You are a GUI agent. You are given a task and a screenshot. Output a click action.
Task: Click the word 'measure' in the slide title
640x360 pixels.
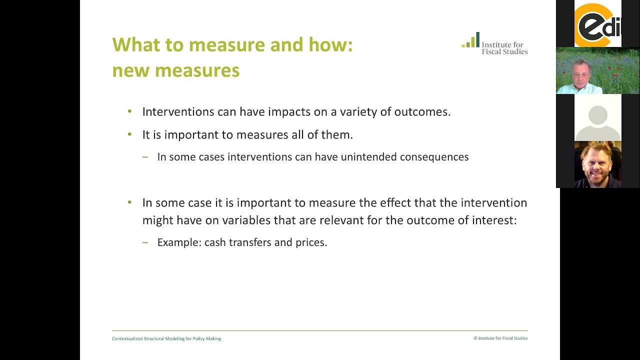coord(227,45)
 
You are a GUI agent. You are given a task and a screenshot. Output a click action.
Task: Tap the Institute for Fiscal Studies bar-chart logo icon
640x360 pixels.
coord(470,40)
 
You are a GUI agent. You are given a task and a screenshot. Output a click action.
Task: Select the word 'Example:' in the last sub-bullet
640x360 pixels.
coord(179,242)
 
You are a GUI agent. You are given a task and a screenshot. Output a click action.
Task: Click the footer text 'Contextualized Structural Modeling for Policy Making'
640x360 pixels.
coord(166,338)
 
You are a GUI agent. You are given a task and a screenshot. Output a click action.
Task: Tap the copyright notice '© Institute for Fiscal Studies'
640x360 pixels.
coord(500,338)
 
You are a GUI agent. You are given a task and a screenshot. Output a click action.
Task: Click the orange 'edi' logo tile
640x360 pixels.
coord(597,24)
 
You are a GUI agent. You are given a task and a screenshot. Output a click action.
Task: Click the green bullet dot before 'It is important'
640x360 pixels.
coord(130,134)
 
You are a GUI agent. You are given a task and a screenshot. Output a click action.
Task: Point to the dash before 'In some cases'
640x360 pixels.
coord(145,157)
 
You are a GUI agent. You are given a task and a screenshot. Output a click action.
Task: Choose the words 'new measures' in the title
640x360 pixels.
coord(175,70)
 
